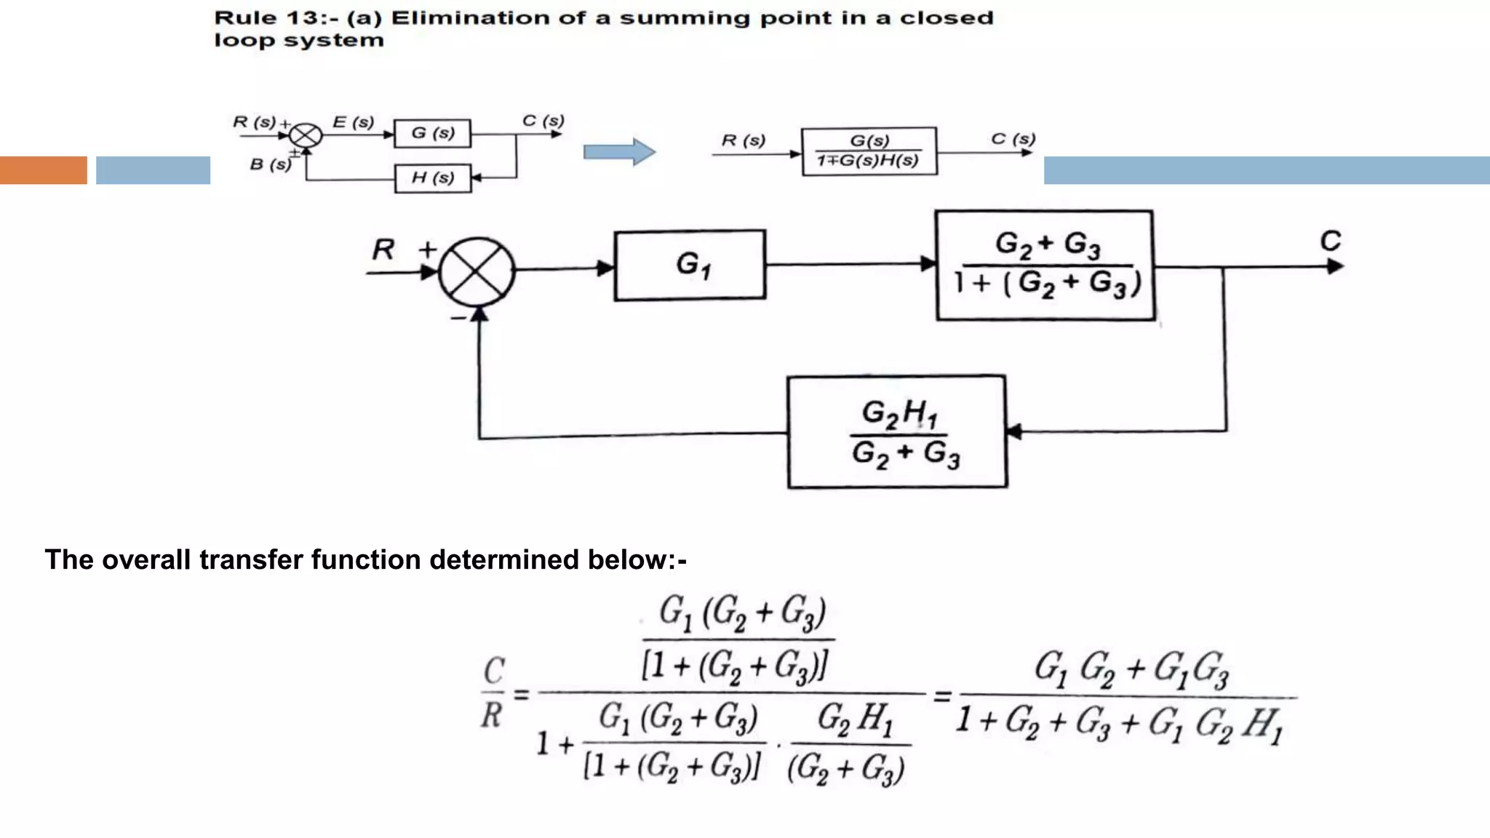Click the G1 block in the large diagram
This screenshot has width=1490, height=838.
tap(690, 265)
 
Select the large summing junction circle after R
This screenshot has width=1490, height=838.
tap(477, 271)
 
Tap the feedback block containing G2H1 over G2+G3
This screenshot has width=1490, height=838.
tap(897, 432)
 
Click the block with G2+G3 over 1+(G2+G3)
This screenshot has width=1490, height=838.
tap(1045, 266)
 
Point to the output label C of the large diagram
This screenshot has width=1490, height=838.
tap(1330, 241)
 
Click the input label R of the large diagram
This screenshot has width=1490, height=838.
tap(383, 250)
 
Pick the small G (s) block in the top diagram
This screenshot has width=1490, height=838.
tap(432, 133)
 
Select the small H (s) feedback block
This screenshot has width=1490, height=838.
tap(432, 178)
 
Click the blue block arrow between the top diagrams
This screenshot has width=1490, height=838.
tap(619, 152)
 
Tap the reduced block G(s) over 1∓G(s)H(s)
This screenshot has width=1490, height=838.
tap(869, 151)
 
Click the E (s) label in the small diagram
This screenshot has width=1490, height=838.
tap(353, 122)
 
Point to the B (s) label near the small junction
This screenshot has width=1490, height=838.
tap(270, 164)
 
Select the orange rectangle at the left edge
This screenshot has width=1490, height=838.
tap(43, 170)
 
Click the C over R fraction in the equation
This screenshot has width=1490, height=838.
tap(493, 692)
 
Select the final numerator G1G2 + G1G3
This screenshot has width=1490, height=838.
tap(1131, 669)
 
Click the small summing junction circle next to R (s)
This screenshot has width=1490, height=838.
tap(306, 135)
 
